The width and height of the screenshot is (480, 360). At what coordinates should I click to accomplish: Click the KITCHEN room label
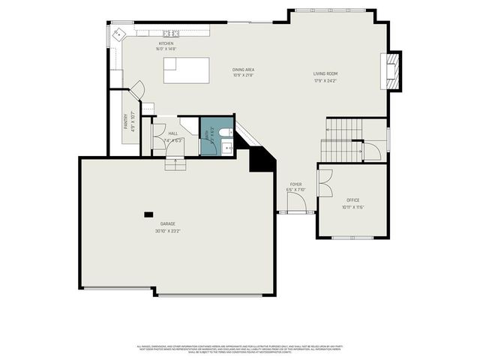(166, 43)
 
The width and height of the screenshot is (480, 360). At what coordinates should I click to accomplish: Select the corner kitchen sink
(118, 34)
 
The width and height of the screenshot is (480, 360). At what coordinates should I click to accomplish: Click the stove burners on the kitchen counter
(173, 34)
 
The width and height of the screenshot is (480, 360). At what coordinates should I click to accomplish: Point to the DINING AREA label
(244, 70)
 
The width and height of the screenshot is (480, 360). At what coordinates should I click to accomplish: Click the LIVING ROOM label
(325, 73)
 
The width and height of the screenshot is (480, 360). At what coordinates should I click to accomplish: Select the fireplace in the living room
(391, 70)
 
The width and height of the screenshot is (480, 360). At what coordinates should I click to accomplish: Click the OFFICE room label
(352, 200)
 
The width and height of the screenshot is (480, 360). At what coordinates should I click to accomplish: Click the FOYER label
(295, 184)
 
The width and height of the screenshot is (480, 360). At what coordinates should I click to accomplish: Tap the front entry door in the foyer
(295, 212)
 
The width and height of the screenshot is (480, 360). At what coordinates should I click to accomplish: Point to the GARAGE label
(167, 225)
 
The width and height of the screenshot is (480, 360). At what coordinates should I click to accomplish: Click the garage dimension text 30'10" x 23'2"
(167, 231)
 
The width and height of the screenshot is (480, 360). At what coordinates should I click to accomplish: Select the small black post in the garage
(148, 214)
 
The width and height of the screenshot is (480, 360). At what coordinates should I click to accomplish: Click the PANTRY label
(125, 123)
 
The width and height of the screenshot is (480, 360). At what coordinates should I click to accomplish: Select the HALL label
(172, 133)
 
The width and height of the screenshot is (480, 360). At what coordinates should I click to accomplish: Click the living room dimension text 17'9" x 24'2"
(325, 79)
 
